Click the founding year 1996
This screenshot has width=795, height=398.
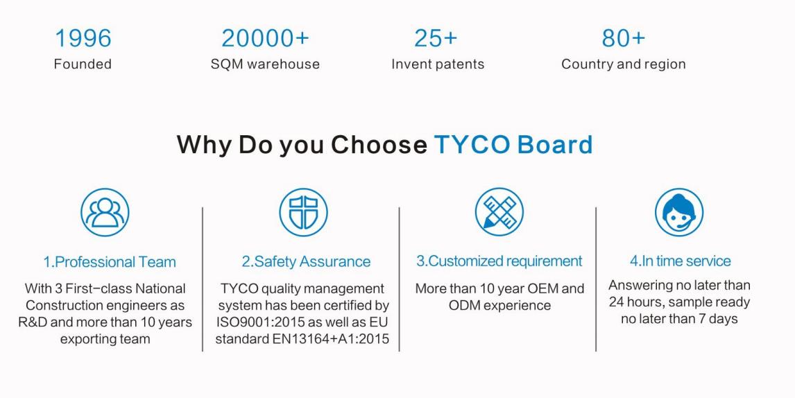(83, 39)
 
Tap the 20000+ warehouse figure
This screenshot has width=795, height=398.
(265, 39)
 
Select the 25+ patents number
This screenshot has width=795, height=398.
(436, 39)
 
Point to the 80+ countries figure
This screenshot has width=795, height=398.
(624, 39)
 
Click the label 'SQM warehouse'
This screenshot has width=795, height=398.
(265, 64)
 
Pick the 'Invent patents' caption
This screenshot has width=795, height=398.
(438, 64)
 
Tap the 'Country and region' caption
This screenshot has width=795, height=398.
(624, 64)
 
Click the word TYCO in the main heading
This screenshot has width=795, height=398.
(472, 144)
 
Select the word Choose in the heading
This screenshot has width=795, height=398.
(379, 144)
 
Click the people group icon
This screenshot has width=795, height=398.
(105, 212)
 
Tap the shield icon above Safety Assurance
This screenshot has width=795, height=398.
(303, 212)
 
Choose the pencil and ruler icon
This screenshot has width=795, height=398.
(499, 211)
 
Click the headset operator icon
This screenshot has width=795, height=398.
(679, 212)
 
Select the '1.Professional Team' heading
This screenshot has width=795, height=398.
(110, 262)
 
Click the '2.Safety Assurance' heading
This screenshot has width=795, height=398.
(306, 261)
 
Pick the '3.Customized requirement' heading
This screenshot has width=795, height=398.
(499, 261)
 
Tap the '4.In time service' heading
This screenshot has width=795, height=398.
(681, 261)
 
